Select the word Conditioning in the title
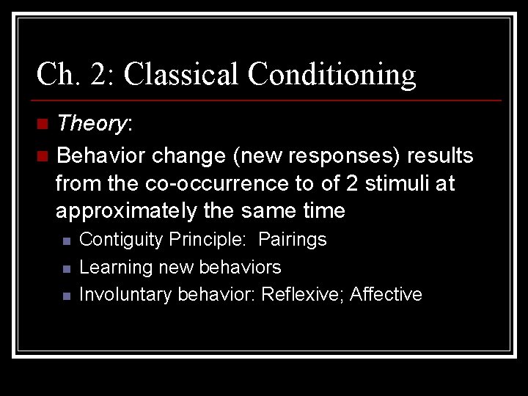click(331, 75)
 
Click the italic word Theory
click(91, 123)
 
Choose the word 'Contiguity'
click(121, 240)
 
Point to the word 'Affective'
click(386, 294)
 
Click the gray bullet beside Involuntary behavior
click(65, 296)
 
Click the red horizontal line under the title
click(268, 100)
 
